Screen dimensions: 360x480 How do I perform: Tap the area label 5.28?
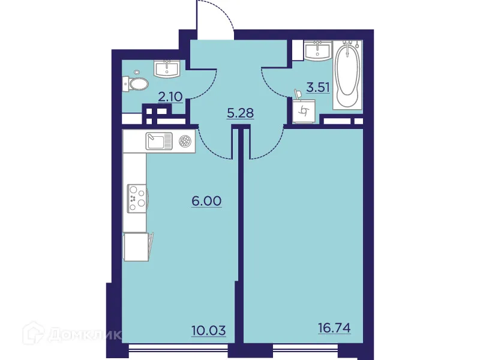[x=240, y=113]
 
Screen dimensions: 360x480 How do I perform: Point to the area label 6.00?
[x=207, y=200]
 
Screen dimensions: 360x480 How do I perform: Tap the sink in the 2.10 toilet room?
[x=167, y=69]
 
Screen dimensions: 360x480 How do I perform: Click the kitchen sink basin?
[x=158, y=142]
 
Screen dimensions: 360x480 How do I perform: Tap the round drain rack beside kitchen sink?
[x=185, y=142]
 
